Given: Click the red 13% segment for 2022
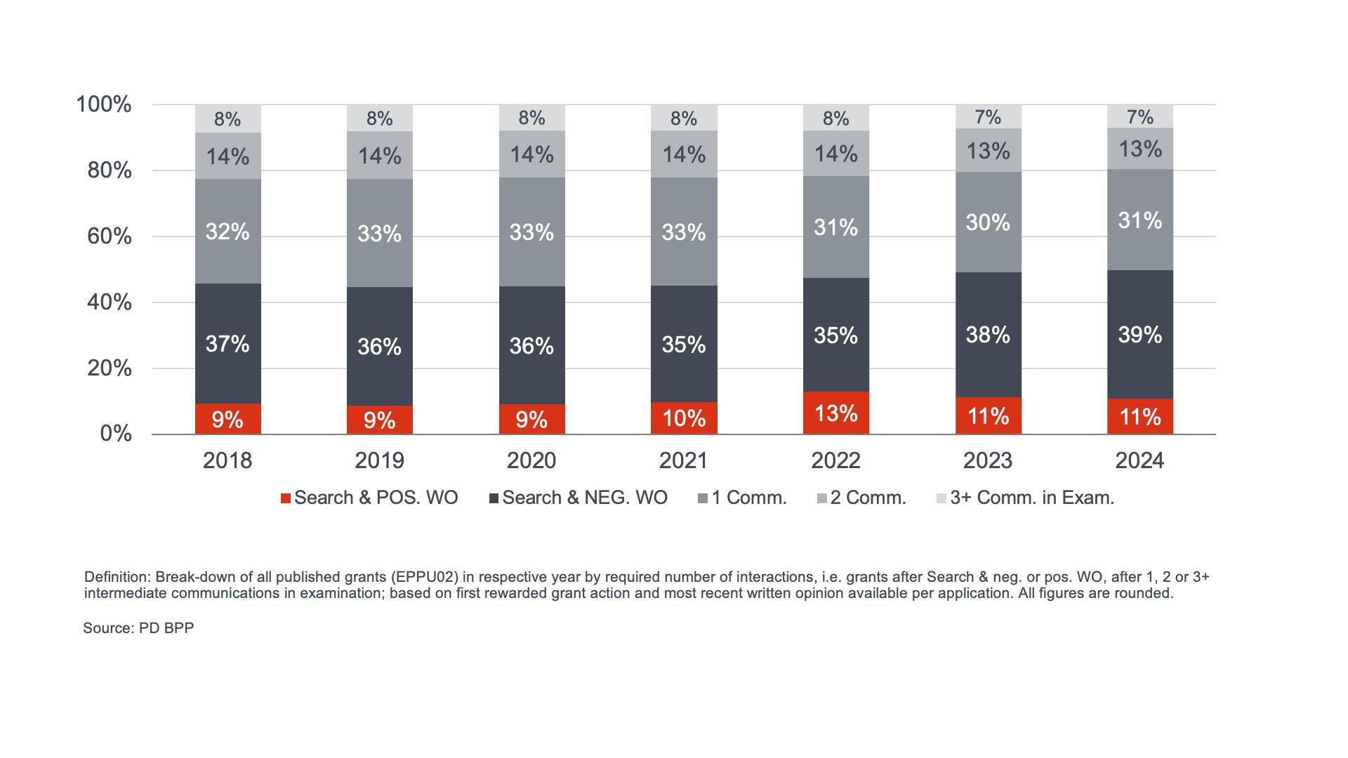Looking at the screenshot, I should (835, 413).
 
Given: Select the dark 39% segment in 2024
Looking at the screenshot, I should (1139, 335).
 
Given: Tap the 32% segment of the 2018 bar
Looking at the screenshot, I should (227, 232).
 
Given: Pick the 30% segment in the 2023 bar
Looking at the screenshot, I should (988, 222).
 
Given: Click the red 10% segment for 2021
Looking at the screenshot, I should (684, 418).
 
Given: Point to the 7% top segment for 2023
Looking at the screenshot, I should (988, 117).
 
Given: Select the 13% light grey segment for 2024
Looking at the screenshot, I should (1139, 149).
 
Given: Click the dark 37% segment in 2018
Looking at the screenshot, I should (227, 344).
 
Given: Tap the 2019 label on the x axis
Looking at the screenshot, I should (379, 460).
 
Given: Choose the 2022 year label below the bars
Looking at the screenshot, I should (835, 460).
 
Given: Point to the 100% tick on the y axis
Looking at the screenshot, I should (104, 105).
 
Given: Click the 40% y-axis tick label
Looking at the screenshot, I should (110, 302).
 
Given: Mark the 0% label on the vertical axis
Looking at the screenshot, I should (116, 434).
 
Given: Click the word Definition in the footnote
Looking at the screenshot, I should (117, 577).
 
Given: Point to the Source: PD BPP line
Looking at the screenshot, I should (138, 628).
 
